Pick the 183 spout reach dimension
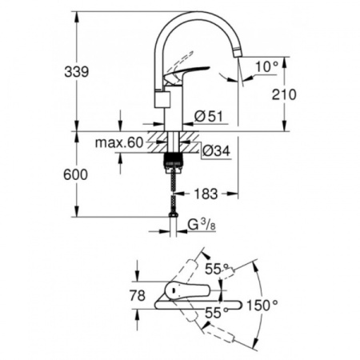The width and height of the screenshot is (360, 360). pyautogui.click(x=207, y=194)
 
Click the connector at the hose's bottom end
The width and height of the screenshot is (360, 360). pyautogui.click(x=173, y=215)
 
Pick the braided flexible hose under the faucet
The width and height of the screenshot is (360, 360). pyautogui.click(x=173, y=188)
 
